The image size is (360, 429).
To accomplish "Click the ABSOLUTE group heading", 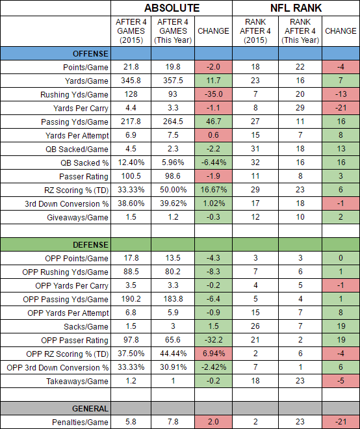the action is point(172,8).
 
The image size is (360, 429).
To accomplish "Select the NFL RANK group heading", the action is point(296,8).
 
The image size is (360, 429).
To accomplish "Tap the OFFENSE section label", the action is point(90,53).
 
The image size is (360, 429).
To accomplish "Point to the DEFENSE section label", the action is point(90,244).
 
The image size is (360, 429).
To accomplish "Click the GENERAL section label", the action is point(90,408).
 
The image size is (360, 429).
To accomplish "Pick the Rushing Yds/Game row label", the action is point(74,95).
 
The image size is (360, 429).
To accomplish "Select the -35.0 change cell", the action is point(213,94).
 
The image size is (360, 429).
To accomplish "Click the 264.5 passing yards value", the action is point(173,122).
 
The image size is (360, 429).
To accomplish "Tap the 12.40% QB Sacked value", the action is point(131,162).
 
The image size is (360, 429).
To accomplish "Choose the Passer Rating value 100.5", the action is point(131,176).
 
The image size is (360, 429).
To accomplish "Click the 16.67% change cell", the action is point(213,190).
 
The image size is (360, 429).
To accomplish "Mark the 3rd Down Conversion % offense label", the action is point(67,204).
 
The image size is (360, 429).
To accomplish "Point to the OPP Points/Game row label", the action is point(77,258).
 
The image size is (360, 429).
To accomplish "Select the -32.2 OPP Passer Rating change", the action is point(213,340).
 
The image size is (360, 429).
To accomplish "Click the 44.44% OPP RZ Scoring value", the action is point(173,354).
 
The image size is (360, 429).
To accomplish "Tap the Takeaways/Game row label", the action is point(77,381).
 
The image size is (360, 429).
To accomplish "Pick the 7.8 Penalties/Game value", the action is point(173,422).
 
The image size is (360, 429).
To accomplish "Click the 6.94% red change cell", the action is point(213,354).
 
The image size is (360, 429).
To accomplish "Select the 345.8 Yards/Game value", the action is point(131,81).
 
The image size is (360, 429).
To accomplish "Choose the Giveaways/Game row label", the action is point(77,218).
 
